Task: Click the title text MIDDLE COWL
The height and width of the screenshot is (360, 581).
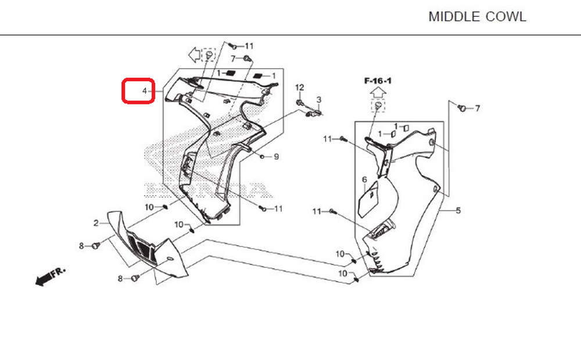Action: pyautogui.click(x=477, y=17)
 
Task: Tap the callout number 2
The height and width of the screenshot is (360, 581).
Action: pyautogui.click(x=96, y=223)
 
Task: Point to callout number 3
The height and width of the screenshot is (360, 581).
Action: pyautogui.click(x=318, y=100)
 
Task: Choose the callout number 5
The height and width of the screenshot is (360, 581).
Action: pyautogui.click(x=458, y=210)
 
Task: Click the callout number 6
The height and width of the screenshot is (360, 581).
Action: pyautogui.click(x=364, y=180)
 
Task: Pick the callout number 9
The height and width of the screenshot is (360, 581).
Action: pyautogui.click(x=277, y=157)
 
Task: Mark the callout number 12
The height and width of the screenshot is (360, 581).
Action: pyautogui.click(x=300, y=87)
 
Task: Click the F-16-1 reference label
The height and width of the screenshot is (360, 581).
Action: pyautogui.click(x=378, y=81)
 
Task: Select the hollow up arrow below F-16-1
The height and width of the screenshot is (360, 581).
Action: pyautogui.click(x=378, y=92)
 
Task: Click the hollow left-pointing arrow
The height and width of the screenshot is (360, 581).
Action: pyautogui.click(x=193, y=55)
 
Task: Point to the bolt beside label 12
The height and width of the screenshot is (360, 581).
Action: pyautogui.click(x=299, y=103)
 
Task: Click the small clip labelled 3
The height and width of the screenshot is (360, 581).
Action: pyautogui.click(x=314, y=114)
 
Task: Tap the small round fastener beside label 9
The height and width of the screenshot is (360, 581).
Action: pyautogui.click(x=263, y=157)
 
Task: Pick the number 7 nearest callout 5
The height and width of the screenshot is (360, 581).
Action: pyautogui.click(x=478, y=109)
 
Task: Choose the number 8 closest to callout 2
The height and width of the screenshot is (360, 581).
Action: pyautogui.click(x=82, y=246)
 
